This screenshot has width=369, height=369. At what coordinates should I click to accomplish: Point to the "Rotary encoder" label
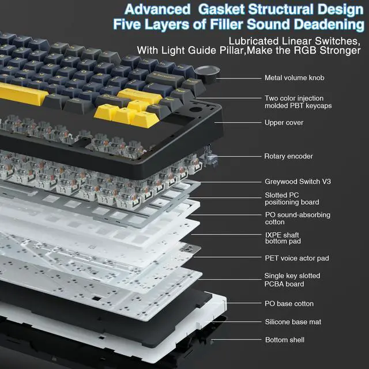[x=288, y=156]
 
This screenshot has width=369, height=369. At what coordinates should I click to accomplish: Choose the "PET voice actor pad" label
[x=296, y=258]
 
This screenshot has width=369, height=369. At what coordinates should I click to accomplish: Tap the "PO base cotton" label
[x=289, y=303]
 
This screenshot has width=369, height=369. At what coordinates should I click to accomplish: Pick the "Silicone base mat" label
[x=292, y=322]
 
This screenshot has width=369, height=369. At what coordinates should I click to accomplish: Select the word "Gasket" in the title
[x=222, y=10]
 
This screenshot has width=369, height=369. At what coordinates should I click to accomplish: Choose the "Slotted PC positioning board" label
[x=292, y=199]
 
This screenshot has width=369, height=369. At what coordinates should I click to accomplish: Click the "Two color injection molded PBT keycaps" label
[x=298, y=102]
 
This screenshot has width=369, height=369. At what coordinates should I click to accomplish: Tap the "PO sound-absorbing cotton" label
[x=298, y=219]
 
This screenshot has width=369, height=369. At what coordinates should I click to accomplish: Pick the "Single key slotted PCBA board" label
[x=292, y=280]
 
